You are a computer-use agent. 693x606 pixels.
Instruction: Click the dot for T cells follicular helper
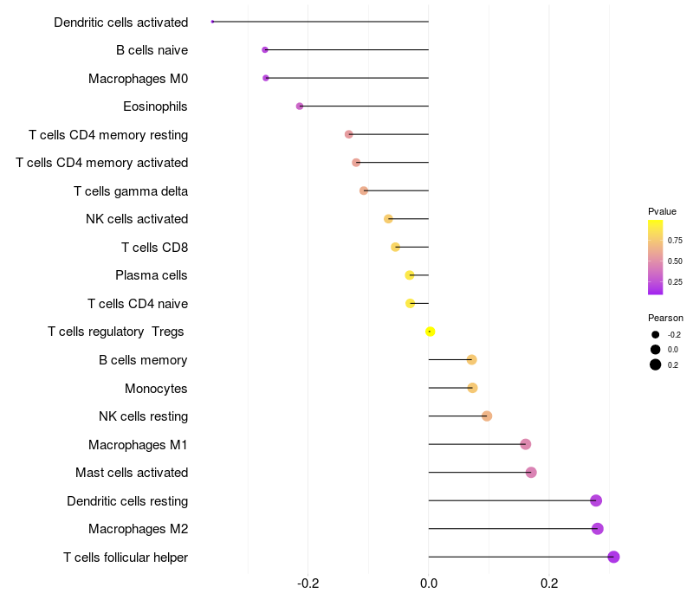tap(613, 557)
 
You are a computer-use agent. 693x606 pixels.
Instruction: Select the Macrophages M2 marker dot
tap(597, 529)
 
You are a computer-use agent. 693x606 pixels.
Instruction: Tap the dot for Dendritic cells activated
tap(212, 22)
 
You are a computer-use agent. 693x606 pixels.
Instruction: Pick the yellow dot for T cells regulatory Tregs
tap(430, 332)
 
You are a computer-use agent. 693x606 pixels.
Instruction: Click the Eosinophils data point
tap(300, 106)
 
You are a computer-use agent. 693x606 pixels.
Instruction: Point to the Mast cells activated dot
tap(531, 473)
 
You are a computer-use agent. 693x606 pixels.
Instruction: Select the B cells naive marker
tap(265, 50)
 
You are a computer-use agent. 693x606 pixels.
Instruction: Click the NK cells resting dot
tap(487, 416)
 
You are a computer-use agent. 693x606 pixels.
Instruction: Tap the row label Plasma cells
tap(152, 275)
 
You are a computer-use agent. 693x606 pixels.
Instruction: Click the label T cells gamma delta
tap(131, 191)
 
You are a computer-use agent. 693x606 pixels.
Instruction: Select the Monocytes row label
tap(156, 388)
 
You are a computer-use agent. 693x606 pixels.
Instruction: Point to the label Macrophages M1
tap(138, 445)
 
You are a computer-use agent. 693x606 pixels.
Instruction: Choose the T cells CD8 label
tap(154, 248)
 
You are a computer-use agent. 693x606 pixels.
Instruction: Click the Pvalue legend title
tap(662, 211)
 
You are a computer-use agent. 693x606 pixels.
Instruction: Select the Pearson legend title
tap(665, 318)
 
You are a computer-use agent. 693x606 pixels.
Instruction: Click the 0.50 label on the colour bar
tap(675, 261)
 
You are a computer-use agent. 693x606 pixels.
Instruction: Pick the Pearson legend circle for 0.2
tap(656, 364)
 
